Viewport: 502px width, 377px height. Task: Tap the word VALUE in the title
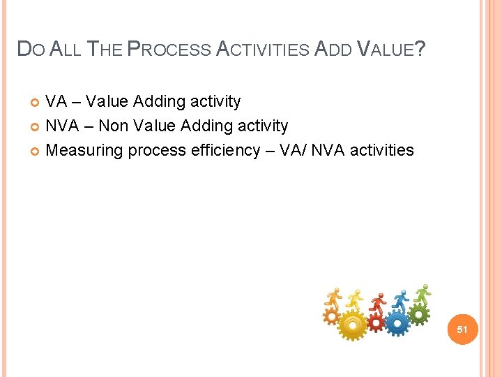pos(386,49)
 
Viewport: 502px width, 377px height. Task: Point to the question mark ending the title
pos(420,49)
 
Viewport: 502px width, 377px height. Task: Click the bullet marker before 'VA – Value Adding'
pos(36,103)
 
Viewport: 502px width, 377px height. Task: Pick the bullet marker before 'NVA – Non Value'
pos(36,127)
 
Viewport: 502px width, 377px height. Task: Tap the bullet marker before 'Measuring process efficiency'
pos(36,151)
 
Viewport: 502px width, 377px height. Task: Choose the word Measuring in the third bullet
pos(80,151)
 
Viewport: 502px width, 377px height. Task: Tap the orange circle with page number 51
pos(462,329)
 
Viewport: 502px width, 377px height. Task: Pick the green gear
pos(419,315)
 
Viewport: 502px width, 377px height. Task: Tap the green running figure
pos(423,293)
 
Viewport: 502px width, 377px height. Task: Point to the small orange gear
pos(331,316)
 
